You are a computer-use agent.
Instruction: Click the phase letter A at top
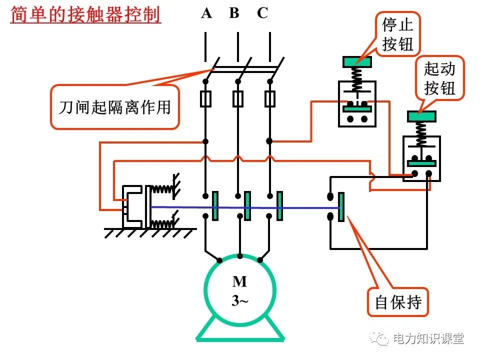point(206,13)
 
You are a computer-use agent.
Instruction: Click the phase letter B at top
point(234,13)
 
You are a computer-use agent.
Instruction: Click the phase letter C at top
point(262,13)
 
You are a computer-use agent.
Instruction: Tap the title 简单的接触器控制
point(85,14)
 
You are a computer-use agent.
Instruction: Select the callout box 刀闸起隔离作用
point(114,107)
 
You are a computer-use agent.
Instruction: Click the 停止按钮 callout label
point(398,34)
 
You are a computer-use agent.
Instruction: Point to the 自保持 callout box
point(398,302)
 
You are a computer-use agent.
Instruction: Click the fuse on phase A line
point(205,99)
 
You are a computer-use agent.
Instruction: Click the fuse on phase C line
point(270,99)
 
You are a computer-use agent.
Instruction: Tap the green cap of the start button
point(421,116)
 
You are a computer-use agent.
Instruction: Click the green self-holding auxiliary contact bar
point(341,206)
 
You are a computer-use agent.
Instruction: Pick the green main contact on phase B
point(247,205)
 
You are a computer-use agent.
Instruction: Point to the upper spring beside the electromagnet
point(161,188)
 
